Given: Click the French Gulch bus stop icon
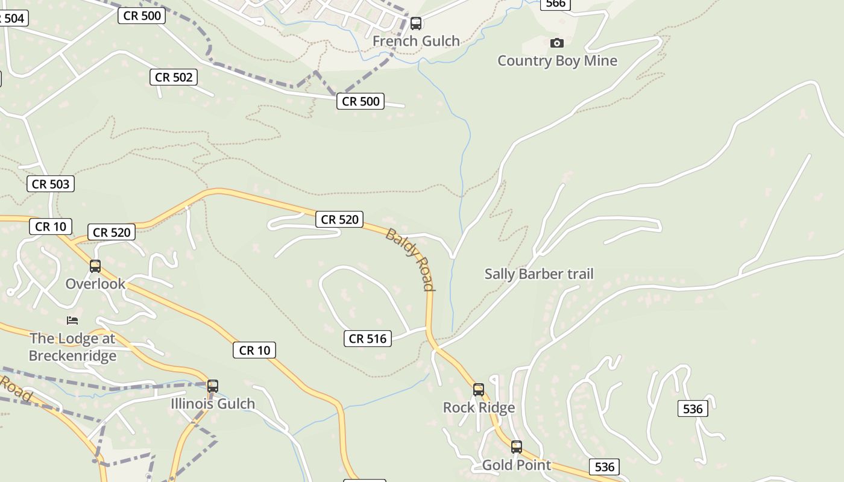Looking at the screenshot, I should tap(416, 23).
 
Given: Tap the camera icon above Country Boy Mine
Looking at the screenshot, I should tap(557, 43).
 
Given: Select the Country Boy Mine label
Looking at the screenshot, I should tap(557, 61).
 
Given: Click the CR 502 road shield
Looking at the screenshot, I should tap(174, 77).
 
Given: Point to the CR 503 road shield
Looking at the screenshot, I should tap(51, 184).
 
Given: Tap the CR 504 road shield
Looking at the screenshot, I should tap(12, 18).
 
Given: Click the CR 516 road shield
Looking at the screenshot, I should tap(368, 339).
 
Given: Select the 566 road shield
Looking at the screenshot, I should tap(555, 4).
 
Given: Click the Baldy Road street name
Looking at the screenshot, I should tap(411, 259).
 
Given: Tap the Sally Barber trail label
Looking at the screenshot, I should tap(539, 274).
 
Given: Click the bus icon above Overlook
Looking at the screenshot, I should tap(95, 266).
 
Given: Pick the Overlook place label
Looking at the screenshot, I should tap(95, 284).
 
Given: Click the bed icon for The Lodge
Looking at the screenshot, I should tap(72, 320).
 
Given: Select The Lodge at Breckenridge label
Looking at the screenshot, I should tap(72, 347).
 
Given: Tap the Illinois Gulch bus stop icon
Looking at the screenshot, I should tap(213, 386).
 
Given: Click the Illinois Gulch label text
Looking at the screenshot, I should tap(213, 404).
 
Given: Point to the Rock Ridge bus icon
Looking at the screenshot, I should tap(479, 390).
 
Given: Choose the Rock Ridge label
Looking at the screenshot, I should tap(479, 408).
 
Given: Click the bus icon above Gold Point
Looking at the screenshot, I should tap(517, 447).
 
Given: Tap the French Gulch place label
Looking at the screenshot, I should tap(416, 41).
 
